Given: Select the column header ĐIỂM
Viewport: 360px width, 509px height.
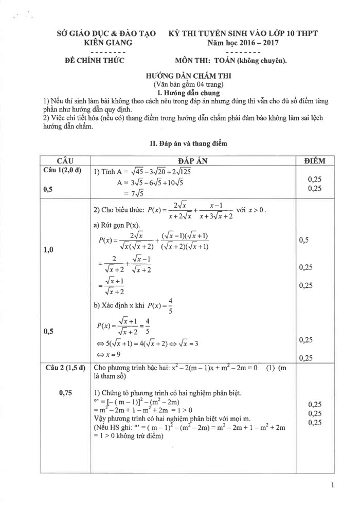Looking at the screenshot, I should (x=315, y=161).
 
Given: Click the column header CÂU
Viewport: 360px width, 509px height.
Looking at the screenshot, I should (x=65, y=161).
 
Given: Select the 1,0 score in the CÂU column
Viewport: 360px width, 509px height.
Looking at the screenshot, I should (x=49, y=250).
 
